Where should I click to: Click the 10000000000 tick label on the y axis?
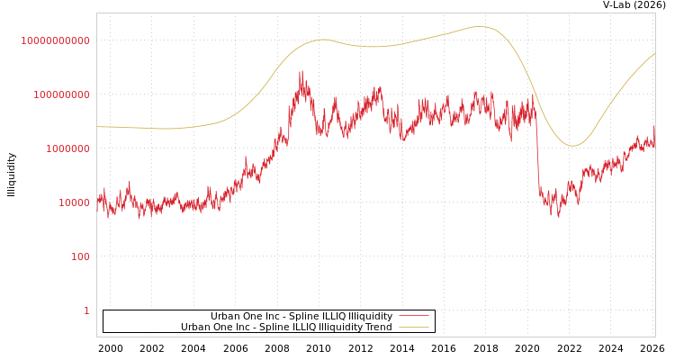pos(55,40)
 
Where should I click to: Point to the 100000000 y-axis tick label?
pos(61,94)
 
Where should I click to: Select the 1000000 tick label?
pos(67,148)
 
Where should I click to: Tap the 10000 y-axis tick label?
pos(74,202)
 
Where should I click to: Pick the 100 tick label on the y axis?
pos(80,256)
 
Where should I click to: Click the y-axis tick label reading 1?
pos(86,310)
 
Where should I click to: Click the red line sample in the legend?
pos(413,317)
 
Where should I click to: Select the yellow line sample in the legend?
pos(413,328)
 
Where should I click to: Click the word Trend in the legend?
pos(378,328)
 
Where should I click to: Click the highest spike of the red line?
pos(301,72)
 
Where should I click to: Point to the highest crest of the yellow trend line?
pos(478,27)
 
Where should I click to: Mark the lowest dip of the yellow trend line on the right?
pos(572,146)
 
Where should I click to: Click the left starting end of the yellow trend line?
pos(97,127)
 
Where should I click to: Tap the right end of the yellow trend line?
pos(654,53)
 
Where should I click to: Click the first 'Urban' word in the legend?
pos(226,317)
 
